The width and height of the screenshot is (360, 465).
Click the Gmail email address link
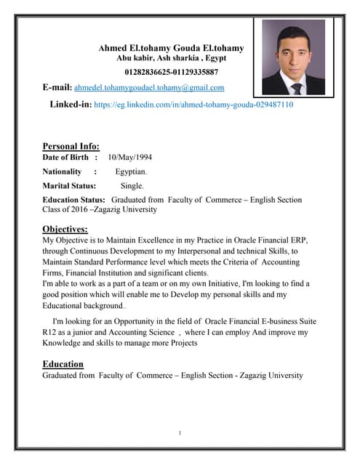[x=149, y=87]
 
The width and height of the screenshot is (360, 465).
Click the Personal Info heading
[x=71, y=146]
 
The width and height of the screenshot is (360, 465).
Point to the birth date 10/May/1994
[x=129, y=157]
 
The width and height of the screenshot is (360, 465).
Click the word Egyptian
[x=131, y=171]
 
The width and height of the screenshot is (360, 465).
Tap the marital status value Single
[x=132, y=186]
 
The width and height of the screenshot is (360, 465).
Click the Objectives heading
[x=65, y=229]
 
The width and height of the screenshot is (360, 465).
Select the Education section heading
[x=63, y=363]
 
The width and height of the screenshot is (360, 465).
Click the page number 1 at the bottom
[x=180, y=434]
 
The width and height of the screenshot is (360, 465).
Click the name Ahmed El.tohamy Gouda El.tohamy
[x=172, y=47]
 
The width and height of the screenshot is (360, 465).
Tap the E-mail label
[x=57, y=87]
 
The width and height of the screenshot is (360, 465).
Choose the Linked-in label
[x=70, y=105]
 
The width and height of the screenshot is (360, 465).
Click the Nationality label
[x=63, y=171]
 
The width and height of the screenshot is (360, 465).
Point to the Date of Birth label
[x=65, y=157]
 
